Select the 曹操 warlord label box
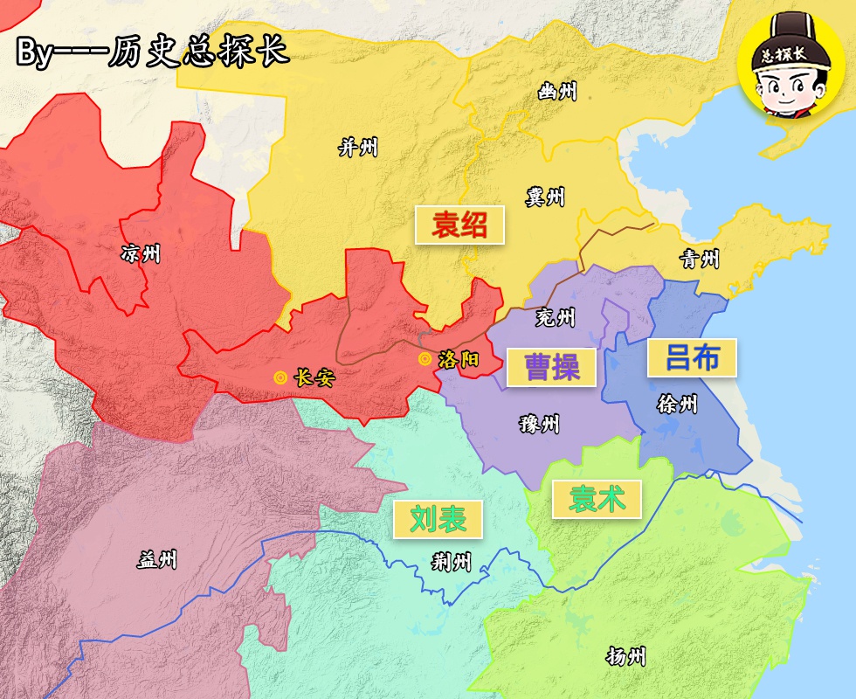[552, 367]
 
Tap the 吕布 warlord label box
[692, 357]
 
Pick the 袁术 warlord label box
[597, 499]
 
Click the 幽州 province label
[557, 90]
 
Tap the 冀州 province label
[545, 197]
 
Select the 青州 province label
[700, 259]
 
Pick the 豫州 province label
[539, 426]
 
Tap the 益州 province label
[157, 559]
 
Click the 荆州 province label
[452, 562]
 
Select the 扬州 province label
[626, 656]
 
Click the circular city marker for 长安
[280, 378]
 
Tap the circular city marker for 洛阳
[425, 359]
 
